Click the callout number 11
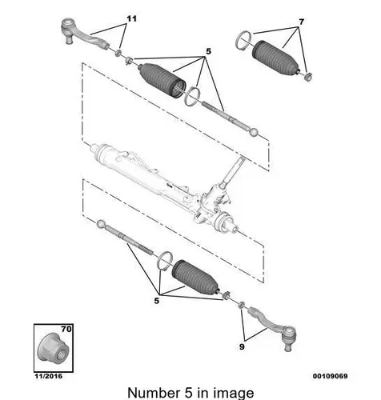[131, 19]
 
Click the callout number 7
[301, 22]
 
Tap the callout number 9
[242, 346]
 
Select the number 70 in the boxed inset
[66, 329]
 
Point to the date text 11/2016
[49, 376]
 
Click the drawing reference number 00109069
[331, 376]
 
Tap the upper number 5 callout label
[208, 51]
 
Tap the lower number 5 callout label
[157, 301]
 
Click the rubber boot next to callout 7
[275, 58]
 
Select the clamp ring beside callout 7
[243, 41]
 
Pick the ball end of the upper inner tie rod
[254, 132]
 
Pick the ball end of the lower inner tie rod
[101, 224]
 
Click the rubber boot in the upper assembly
[162, 80]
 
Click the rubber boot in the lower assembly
[196, 278]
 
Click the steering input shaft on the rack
[234, 170]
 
